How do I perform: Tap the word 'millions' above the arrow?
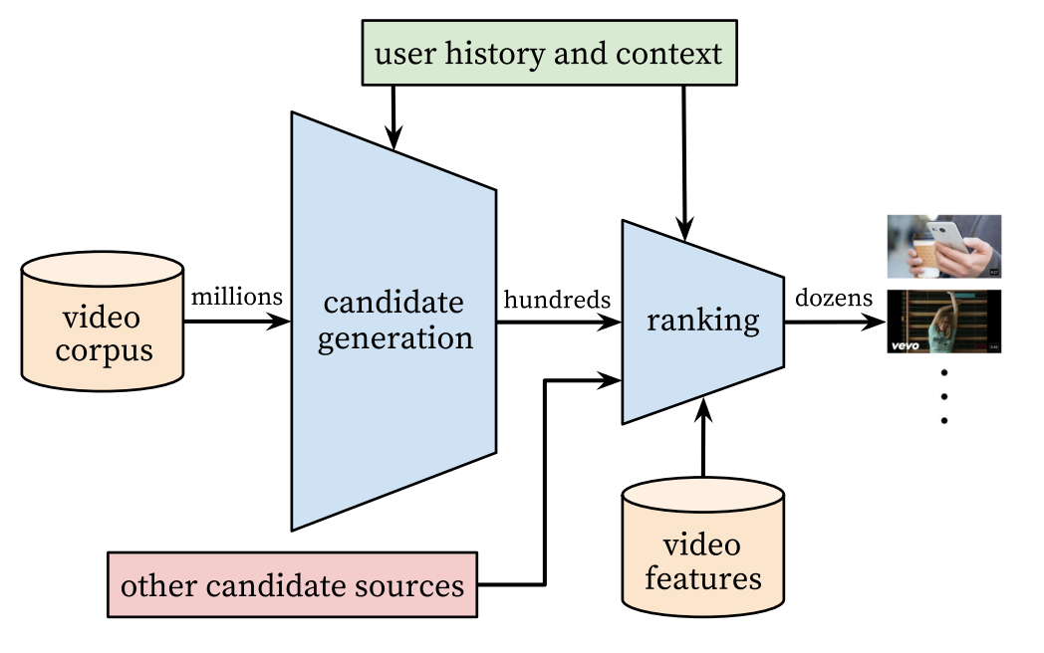(x=237, y=296)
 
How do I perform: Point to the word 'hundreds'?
(x=557, y=298)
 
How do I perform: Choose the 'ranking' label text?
(x=702, y=321)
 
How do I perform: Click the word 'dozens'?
(x=833, y=298)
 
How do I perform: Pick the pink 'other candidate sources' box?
(x=292, y=584)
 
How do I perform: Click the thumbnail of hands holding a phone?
(x=943, y=246)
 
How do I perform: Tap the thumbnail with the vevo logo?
(x=943, y=322)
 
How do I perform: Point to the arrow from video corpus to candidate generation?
(x=235, y=322)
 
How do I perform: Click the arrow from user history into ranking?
(x=684, y=159)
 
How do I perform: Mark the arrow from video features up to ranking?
(x=703, y=438)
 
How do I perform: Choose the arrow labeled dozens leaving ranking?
(x=833, y=322)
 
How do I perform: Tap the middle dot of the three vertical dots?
(x=943, y=396)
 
